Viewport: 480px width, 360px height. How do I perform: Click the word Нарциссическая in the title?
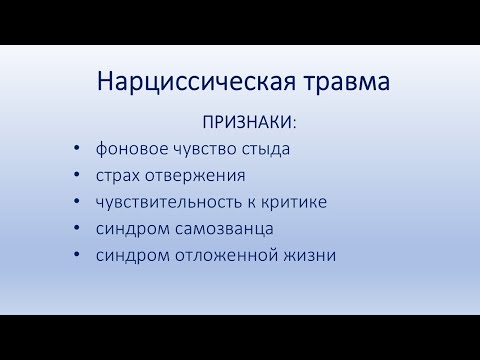pyautogui.click(x=188, y=82)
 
